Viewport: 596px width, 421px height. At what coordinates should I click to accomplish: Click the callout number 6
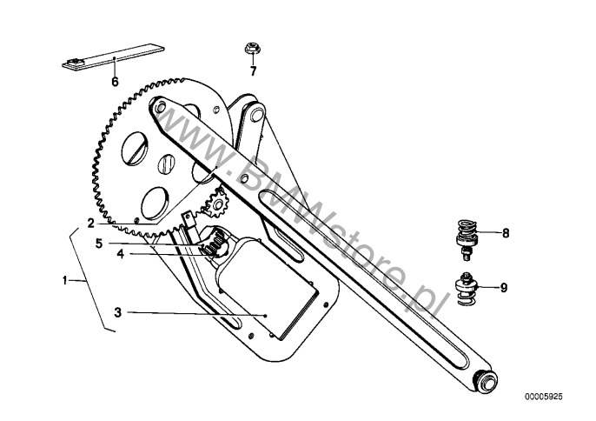115,82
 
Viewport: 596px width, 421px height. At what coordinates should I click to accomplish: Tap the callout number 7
253,70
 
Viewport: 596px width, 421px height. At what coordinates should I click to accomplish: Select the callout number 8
506,233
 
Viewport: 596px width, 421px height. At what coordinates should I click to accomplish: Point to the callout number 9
504,287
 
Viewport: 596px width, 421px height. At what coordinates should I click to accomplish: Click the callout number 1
64,281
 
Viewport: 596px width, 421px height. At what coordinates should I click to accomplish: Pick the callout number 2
90,223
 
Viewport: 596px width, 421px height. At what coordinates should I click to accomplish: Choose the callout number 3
118,312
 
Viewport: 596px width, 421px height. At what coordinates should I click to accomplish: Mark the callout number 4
121,253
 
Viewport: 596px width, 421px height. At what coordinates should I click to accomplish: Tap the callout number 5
99,244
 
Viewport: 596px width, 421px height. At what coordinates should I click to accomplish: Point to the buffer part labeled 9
466,289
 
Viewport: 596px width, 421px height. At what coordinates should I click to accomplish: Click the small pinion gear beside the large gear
215,204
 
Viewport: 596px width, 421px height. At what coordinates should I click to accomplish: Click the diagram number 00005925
544,397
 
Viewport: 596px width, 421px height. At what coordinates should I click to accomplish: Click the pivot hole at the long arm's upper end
161,107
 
